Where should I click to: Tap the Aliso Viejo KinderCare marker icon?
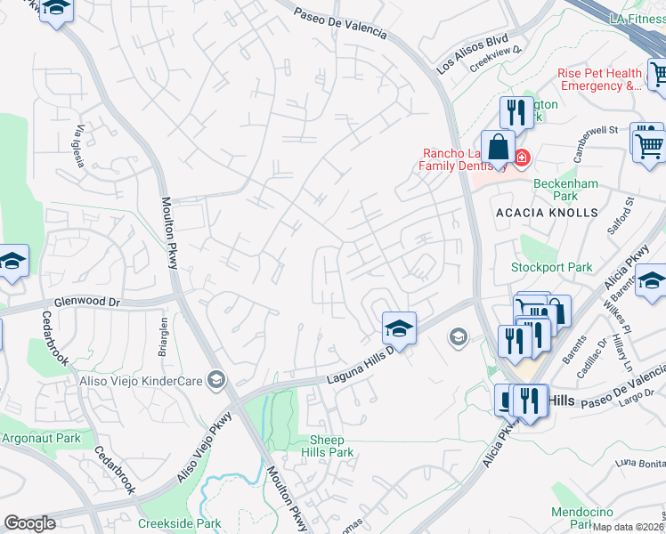coord(215,381)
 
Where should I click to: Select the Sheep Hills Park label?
coord(332,446)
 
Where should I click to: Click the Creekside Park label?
coord(180,524)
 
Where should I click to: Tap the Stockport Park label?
coord(551,267)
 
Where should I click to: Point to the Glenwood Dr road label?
coord(88,303)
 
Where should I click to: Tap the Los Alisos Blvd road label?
coord(472,53)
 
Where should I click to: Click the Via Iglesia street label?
coord(85,141)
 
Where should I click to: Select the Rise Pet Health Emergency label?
coord(599,79)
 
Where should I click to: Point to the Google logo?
coord(30,523)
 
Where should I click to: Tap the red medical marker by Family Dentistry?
coord(521,158)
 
